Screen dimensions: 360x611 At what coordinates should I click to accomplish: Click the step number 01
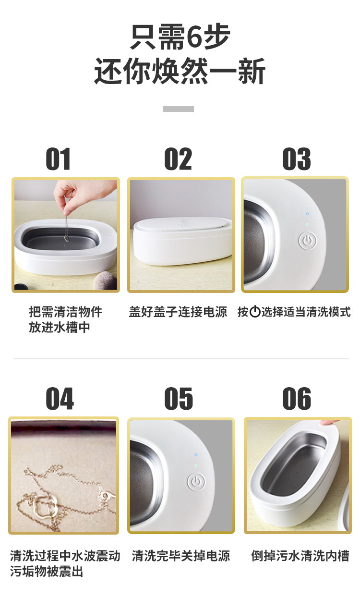tap(58, 159)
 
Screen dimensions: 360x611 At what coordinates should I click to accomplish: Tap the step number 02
tap(178, 159)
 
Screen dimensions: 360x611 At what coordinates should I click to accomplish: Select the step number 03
tap(296, 159)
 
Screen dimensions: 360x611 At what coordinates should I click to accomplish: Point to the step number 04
tap(60, 399)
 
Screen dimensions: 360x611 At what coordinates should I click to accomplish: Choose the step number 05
tap(179, 399)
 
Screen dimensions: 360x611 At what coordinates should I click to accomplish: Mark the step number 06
tap(297, 399)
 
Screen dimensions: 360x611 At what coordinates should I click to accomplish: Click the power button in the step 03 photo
tap(307, 241)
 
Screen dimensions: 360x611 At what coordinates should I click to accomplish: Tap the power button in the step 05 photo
tap(196, 482)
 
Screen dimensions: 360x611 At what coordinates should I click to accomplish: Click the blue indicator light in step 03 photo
tap(307, 214)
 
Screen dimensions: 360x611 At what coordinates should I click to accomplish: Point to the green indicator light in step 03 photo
tap(307, 224)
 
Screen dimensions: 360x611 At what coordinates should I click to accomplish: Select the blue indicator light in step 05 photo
tap(196, 455)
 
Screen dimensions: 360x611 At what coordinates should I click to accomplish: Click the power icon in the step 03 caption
tap(255, 312)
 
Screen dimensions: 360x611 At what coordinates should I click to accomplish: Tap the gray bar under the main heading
tap(179, 109)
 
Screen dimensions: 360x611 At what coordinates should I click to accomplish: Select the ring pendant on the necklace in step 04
tap(43, 506)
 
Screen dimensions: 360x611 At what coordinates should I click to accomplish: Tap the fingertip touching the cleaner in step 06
tap(329, 423)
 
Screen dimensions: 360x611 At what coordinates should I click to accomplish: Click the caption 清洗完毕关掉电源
tap(181, 556)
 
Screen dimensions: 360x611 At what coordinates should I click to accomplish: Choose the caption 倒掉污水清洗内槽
tap(300, 556)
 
